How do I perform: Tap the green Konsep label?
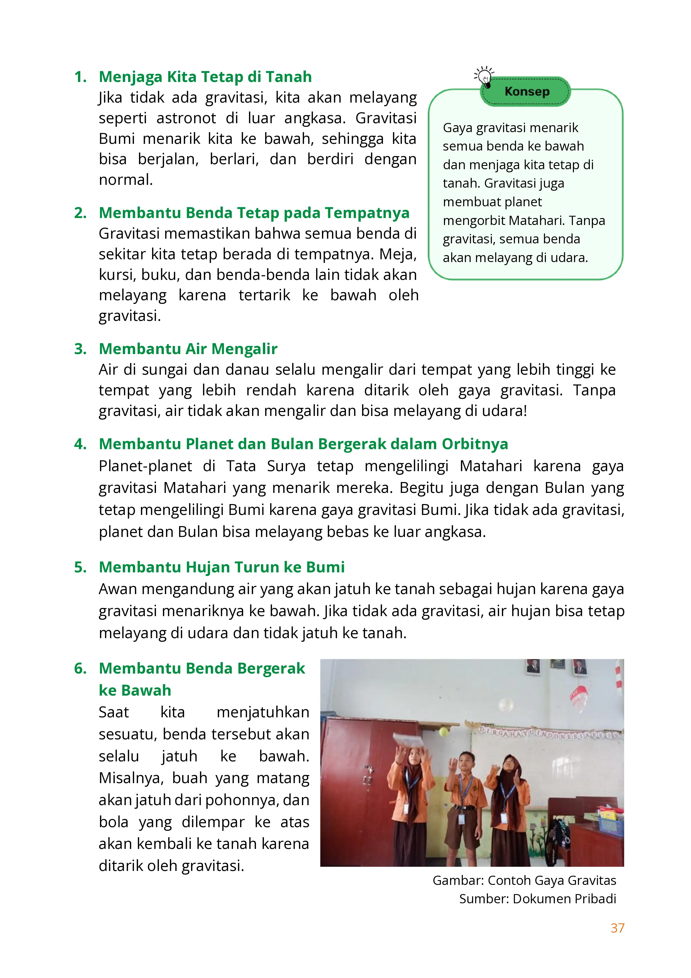click(x=526, y=91)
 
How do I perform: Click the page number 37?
click(x=617, y=928)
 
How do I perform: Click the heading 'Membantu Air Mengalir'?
click(x=188, y=348)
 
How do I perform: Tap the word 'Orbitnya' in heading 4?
click(x=474, y=444)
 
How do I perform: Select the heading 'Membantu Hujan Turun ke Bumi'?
click(x=221, y=567)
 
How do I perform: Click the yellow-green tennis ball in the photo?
click(x=444, y=732)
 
